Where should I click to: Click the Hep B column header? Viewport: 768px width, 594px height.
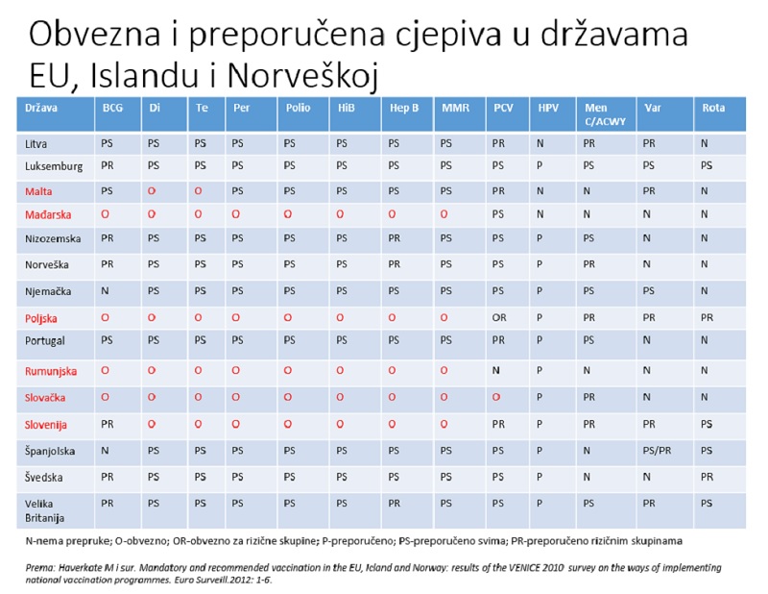click(404, 108)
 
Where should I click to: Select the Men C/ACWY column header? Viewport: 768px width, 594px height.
click(605, 114)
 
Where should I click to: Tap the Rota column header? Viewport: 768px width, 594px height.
click(713, 108)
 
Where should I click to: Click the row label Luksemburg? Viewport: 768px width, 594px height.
click(54, 166)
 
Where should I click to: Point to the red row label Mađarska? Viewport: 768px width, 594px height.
click(48, 214)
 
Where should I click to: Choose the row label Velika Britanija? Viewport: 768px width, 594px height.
click(44, 510)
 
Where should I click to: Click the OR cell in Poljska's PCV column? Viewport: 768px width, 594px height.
click(499, 318)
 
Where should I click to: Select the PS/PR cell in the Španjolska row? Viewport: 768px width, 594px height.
click(657, 450)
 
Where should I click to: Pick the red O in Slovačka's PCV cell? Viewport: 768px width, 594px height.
click(496, 397)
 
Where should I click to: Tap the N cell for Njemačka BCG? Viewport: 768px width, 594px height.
click(105, 291)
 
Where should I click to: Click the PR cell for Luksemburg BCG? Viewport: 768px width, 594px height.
click(108, 165)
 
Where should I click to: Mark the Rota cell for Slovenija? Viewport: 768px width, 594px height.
click(707, 424)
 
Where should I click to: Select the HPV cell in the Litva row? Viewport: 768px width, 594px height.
click(540, 143)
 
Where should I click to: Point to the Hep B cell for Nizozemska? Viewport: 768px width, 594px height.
click(395, 238)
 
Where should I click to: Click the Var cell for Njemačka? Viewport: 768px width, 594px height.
click(649, 291)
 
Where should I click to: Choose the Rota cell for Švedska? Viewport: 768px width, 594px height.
click(707, 477)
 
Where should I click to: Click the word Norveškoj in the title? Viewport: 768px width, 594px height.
click(302, 76)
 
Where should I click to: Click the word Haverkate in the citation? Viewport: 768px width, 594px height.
click(81, 568)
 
